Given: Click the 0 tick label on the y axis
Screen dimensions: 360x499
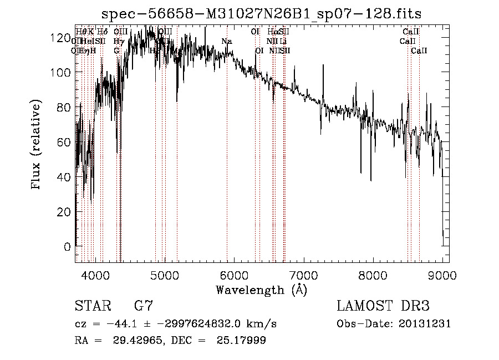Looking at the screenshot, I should pyautogui.click(x=68, y=247).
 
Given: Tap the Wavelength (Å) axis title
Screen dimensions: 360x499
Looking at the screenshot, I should pyautogui.click(x=261, y=290).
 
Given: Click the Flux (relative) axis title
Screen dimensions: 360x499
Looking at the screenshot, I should pyautogui.click(x=37, y=145).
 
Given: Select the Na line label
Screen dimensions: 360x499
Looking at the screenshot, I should pyautogui.click(x=226, y=42).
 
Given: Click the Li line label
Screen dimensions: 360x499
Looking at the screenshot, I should pyautogui.click(x=283, y=42).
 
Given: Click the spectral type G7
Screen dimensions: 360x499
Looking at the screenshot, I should pyautogui.click(x=142, y=306).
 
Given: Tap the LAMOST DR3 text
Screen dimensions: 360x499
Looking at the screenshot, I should pyautogui.click(x=383, y=306).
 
